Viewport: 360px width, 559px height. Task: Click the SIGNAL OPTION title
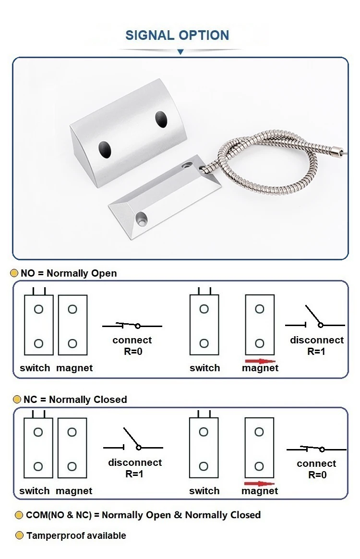coord(177,35)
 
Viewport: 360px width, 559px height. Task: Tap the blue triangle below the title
coord(180,51)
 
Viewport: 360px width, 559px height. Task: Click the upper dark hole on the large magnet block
coord(161,118)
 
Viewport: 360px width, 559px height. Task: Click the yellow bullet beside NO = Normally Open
coord(14,273)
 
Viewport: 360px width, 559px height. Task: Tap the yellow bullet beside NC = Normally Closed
coord(17,400)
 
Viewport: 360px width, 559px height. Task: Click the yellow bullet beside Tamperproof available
coord(19,535)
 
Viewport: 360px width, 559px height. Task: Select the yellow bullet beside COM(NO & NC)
coord(19,515)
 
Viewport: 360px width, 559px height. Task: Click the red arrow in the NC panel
coord(259,484)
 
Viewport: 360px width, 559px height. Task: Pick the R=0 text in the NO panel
coord(132,351)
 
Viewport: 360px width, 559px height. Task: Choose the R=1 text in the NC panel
coord(134,474)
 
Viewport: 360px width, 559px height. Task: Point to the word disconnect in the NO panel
coord(317,340)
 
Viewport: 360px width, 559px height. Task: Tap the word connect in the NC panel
coord(316,463)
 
